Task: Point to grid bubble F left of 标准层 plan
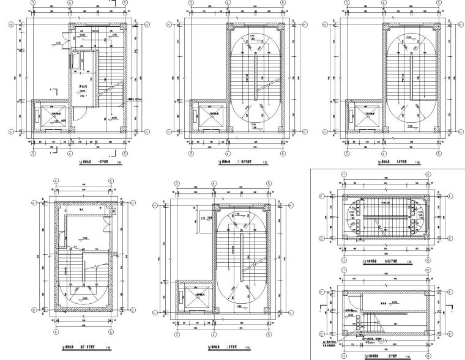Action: pos(322,197)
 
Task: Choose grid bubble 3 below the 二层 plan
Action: pos(177,336)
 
